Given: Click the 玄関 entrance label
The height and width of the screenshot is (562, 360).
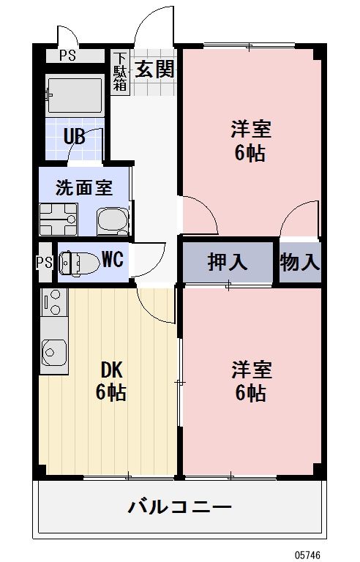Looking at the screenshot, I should (154, 70).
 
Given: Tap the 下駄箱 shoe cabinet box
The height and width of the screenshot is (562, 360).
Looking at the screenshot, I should (120, 72).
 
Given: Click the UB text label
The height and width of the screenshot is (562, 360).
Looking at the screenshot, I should (73, 136).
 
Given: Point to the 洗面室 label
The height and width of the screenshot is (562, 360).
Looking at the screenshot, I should (84, 187).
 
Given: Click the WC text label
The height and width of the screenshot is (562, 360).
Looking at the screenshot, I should (112, 259).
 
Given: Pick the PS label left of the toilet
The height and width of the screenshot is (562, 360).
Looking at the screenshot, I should (43, 262).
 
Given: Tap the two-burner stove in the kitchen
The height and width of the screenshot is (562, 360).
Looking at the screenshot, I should (53, 302).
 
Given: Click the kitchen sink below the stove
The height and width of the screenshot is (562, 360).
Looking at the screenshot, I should (53, 353).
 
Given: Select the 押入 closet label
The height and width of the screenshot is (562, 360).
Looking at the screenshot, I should (228, 262).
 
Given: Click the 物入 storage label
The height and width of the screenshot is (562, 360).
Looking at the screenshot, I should (299, 262).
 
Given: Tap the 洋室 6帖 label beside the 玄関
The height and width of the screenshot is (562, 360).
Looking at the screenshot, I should (250, 141).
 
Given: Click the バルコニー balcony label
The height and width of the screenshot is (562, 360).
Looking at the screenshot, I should (180, 506).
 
